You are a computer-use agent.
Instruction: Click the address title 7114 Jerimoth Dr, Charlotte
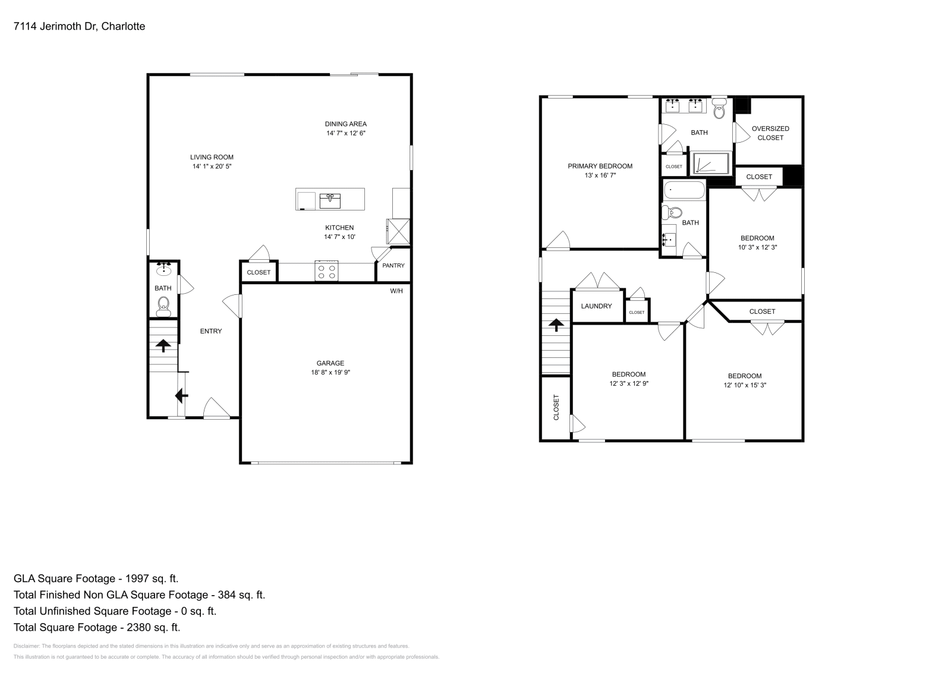coord(79,26)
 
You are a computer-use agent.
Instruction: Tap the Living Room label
coord(212,157)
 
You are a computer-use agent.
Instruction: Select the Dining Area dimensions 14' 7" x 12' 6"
coord(345,133)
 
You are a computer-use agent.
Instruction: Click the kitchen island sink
coord(330,200)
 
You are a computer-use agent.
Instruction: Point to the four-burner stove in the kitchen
coord(326,271)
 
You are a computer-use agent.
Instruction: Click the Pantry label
coord(393,266)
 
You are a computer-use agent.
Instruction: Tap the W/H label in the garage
coord(396,291)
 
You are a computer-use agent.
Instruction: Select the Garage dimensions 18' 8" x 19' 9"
coord(330,373)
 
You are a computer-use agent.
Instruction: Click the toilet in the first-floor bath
coord(163,307)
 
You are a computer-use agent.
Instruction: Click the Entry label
coord(211,331)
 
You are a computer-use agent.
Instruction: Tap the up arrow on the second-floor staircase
coord(556,325)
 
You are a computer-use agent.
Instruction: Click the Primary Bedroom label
coord(600,166)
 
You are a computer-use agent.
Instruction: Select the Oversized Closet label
coord(770,133)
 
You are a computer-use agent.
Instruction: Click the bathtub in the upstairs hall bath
coord(684,191)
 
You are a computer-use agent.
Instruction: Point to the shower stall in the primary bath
coord(711,163)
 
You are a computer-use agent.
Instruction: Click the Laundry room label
coord(596,306)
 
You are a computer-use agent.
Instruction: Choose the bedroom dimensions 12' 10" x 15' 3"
coord(745,385)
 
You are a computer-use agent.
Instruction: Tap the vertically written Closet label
coord(556,408)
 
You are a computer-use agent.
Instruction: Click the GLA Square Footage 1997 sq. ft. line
coord(96,578)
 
